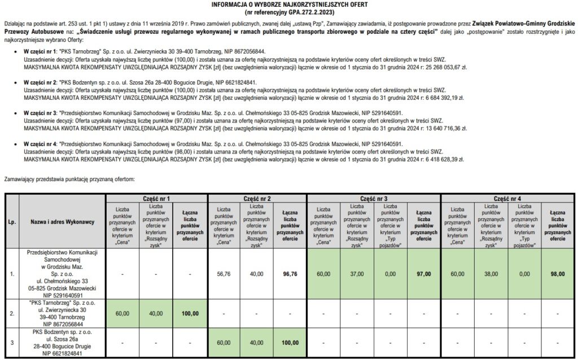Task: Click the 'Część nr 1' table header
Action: point(157,199)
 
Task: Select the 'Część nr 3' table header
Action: point(373,199)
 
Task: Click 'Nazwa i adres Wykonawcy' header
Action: point(63,222)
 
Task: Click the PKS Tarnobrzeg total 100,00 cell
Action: point(191,313)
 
